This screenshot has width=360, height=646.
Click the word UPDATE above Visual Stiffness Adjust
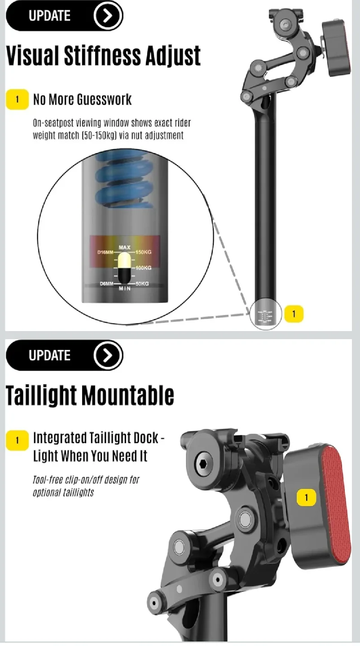49,16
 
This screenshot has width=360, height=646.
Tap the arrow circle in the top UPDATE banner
108,16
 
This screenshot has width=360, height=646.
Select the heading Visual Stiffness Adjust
103,56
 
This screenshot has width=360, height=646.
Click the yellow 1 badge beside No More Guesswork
17,99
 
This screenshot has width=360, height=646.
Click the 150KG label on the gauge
144,252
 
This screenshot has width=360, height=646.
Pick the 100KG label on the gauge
144,268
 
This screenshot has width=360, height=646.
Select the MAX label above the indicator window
124,247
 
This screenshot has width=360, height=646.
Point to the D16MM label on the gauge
105,252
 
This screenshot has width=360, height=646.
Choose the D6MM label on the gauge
106,284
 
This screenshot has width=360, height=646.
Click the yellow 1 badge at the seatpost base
294,314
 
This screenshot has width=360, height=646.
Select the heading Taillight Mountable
90,395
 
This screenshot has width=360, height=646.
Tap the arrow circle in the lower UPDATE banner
108,355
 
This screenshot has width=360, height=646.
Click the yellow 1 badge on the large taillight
307,497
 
